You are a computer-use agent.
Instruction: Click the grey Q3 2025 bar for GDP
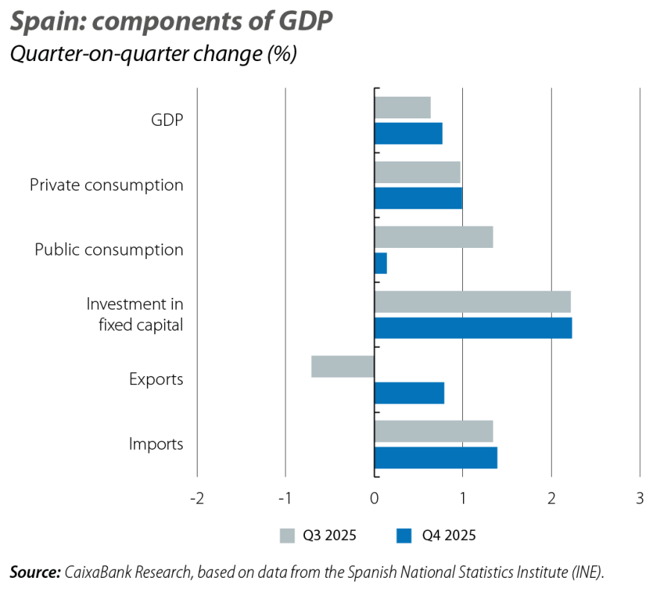[x=403, y=107]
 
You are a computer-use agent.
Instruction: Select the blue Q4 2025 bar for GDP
[x=409, y=133]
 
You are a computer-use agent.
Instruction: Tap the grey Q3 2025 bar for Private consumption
[x=418, y=172]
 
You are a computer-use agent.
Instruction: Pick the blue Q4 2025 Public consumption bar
[x=381, y=263]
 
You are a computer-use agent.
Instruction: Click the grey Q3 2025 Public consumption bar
[x=434, y=237]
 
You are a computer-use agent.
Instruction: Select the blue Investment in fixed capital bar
[x=473, y=328]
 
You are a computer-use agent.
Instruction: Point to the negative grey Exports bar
[x=342, y=366]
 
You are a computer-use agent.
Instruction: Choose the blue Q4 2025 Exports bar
[x=410, y=392]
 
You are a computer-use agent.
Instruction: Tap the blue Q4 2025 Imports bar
[x=436, y=457]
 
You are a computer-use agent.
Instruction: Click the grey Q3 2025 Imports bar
[x=434, y=431]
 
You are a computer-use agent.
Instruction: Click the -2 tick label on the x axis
[x=196, y=498]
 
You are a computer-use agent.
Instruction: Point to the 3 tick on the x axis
[x=640, y=498]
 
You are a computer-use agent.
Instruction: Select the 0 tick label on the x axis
[x=374, y=498]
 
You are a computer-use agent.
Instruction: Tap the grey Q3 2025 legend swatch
[x=287, y=535]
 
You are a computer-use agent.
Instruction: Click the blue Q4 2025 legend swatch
[x=405, y=535]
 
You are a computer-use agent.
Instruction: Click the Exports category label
[x=156, y=380]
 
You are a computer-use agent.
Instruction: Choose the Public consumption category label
[x=109, y=249]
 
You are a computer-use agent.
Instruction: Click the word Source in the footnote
[x=34, y=572]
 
